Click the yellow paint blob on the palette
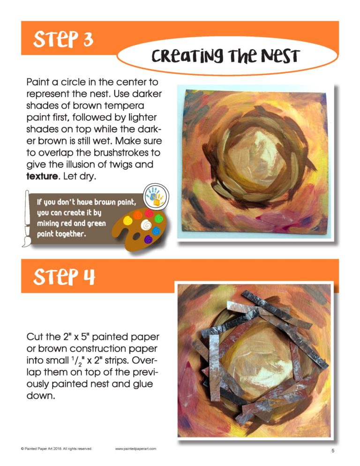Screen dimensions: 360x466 click(128, 220)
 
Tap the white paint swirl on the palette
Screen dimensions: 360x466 click(146, 225)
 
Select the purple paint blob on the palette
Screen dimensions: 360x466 click(148, 239)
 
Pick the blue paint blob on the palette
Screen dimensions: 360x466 click(156, 231)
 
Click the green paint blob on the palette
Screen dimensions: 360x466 click(159, 219)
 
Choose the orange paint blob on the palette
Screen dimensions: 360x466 click(138, 215)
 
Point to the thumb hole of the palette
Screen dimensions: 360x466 click(136, 237)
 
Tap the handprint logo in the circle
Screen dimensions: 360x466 click(156, 196)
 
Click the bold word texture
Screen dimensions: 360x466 click(42, 176)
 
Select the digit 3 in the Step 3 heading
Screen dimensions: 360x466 click(88, 40)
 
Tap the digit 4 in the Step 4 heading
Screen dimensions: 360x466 click(89, 277)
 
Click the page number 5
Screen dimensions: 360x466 click(333, 451)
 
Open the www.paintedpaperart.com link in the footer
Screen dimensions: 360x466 click(135, 449)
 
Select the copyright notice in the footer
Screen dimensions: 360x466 click(56, 449)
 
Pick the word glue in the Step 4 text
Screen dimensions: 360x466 click(142, 384)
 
